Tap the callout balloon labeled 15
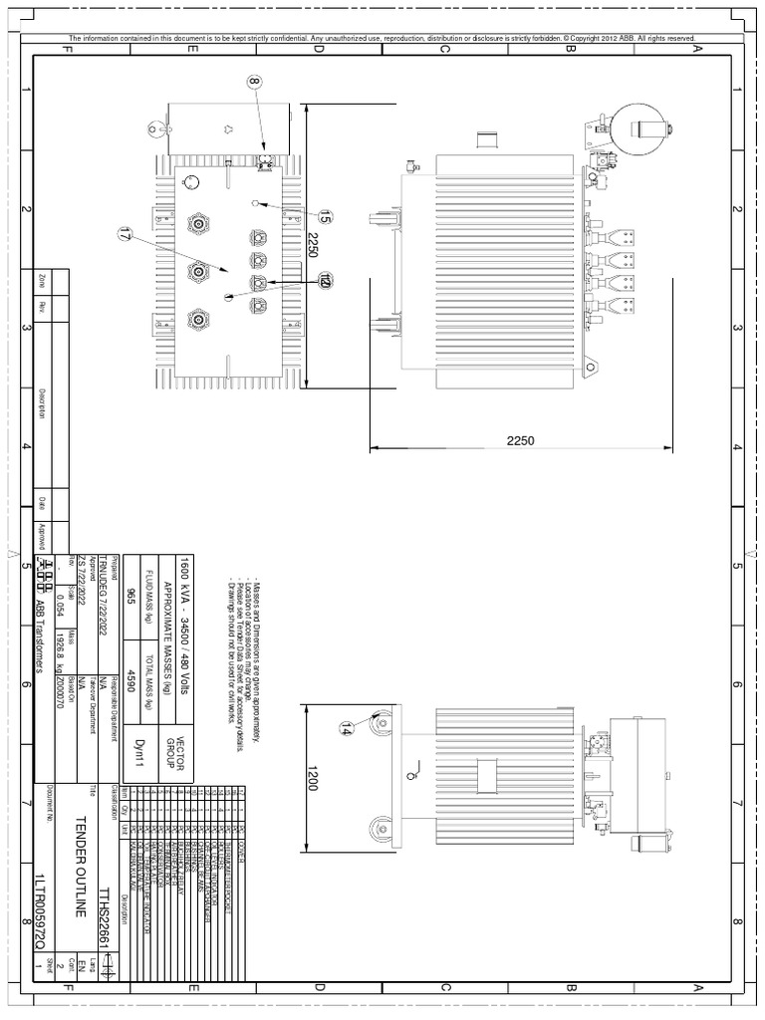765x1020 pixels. [x=325, y=215]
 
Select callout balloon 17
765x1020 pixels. [x=126, y=236]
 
